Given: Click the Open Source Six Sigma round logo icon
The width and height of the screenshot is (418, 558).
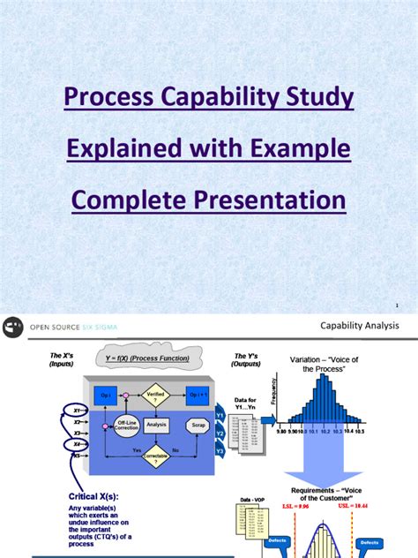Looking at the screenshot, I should tap(13, 327).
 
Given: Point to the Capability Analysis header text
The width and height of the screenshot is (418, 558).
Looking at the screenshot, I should tap(360, 327).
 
